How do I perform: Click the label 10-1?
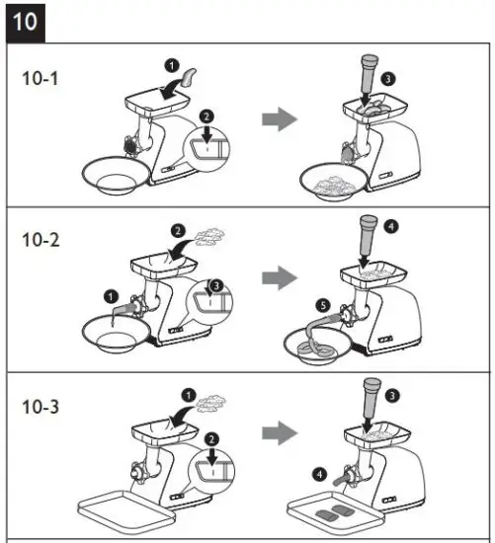pyautogui.click(x=42, y=78)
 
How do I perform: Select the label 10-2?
pyautogui.click(x=42, y=240)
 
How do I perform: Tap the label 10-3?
pyautogui.click(x=42, y=405)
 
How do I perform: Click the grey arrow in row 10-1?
pyautogui.click(x=280, y=120)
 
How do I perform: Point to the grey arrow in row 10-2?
pyautogui.click(x=280, y=278)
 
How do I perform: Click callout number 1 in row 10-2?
pyautogui.click(x=110, y=294)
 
